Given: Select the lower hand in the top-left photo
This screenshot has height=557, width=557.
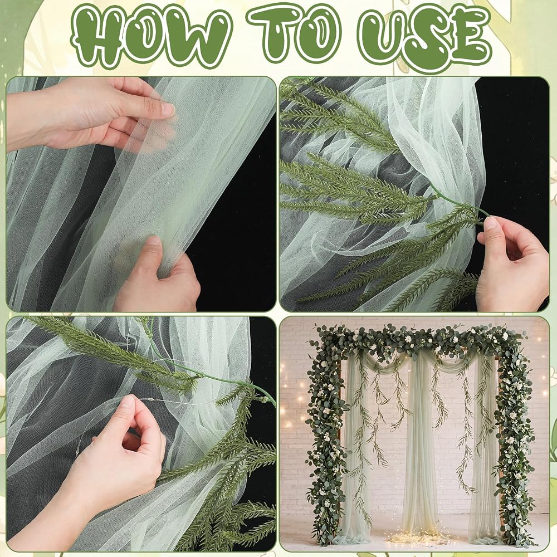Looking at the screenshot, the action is tap(157, 275).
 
